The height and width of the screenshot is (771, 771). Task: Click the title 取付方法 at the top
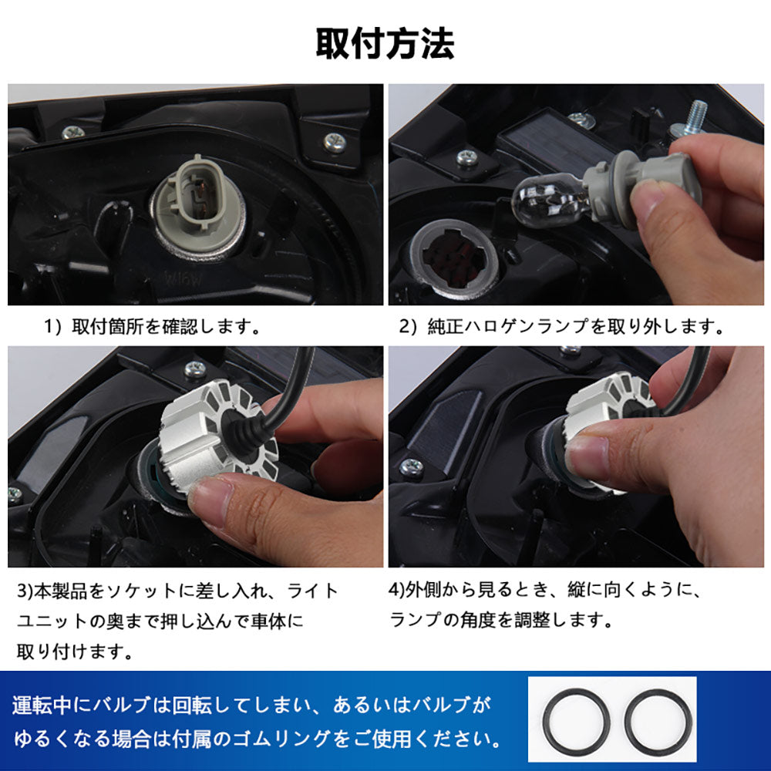tap(385, 44)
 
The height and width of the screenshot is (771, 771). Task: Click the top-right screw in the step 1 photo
tap(335, 141)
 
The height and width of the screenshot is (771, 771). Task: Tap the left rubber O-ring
tap(576, 722)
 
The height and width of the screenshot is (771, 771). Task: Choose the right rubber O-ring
tap(657, 722)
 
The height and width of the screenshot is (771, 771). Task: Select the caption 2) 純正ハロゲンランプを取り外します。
tap(561, 327)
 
